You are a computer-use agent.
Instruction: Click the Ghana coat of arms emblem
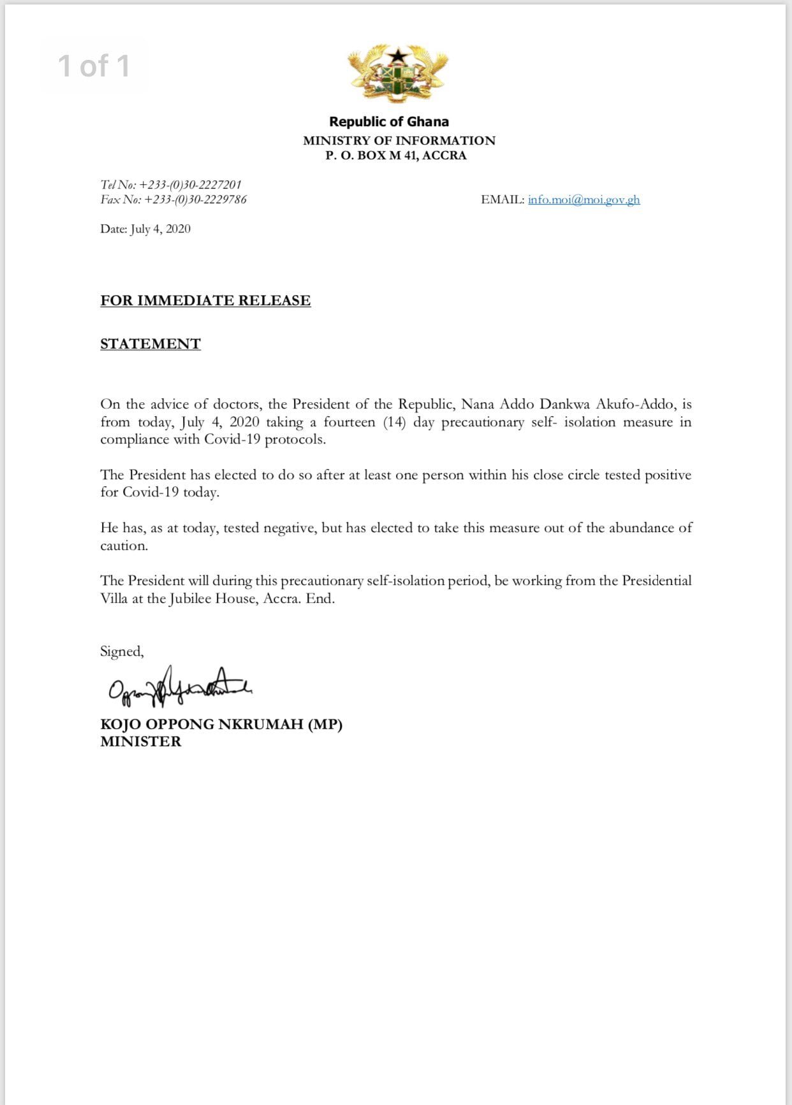[x=398, y=73]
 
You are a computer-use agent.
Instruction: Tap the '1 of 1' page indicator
[x=94, y=66]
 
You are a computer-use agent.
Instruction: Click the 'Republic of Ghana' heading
[x=389, y=122]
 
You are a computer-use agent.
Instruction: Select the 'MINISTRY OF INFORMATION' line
[x=399, y=140]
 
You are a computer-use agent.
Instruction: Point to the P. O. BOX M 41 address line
[x=396, y=155]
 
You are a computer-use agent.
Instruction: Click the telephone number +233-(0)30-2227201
[x=190, y=185]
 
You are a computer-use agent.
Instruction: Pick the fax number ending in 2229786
[x=195, y=199]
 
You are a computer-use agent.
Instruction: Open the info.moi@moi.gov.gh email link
[x=583, y=199]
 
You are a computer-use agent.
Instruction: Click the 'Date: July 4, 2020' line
[x=145, y=229]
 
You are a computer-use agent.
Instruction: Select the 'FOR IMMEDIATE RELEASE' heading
[x=205, y=301]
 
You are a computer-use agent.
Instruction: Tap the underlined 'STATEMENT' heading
[x=150, y=344]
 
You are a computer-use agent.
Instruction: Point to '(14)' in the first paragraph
[x=395, y=422]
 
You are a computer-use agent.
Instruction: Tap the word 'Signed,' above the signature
[x=122, y=651]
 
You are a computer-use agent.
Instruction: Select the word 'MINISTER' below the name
[x=141, y=742]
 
